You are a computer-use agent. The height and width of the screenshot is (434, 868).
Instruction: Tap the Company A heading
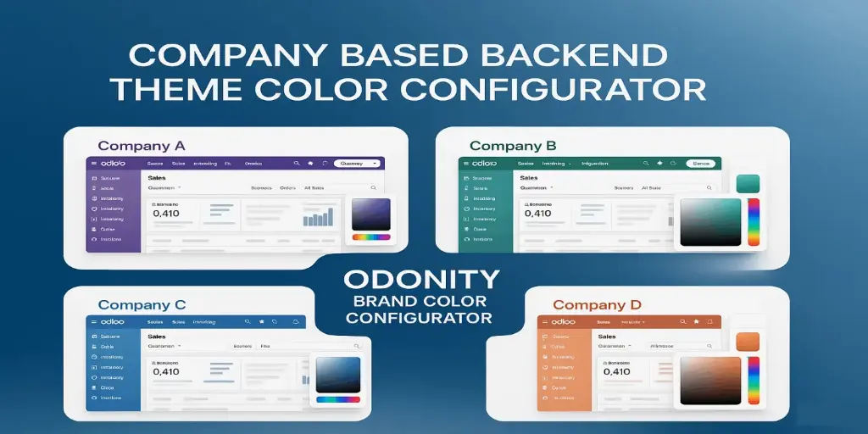point(141,145)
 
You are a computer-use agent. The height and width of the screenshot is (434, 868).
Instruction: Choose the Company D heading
point(597,304)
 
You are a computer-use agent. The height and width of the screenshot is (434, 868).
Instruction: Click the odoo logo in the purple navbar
point(112,163)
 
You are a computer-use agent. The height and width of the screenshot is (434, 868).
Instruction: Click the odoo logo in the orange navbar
point(562,322)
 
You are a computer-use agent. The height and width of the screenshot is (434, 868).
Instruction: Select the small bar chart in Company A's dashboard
point(318,218)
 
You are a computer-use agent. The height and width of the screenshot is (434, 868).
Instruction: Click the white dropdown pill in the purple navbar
point(357,163)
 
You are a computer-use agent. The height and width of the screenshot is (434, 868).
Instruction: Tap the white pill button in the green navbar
point(702,163)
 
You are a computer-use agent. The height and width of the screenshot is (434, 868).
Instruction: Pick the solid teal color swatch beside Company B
point(748,184)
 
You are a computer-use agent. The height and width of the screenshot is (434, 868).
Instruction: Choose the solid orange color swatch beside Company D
point(747,342)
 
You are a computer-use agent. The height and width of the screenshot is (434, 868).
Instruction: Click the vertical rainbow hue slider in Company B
point(754,222)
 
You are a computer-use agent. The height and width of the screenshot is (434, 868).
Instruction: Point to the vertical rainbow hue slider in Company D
point(754,380)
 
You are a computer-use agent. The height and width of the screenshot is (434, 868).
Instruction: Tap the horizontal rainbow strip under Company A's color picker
point(371,237)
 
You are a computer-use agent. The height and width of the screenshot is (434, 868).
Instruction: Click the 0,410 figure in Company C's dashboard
point(166,371)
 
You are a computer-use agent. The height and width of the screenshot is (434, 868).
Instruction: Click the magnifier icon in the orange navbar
point(679,322)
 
